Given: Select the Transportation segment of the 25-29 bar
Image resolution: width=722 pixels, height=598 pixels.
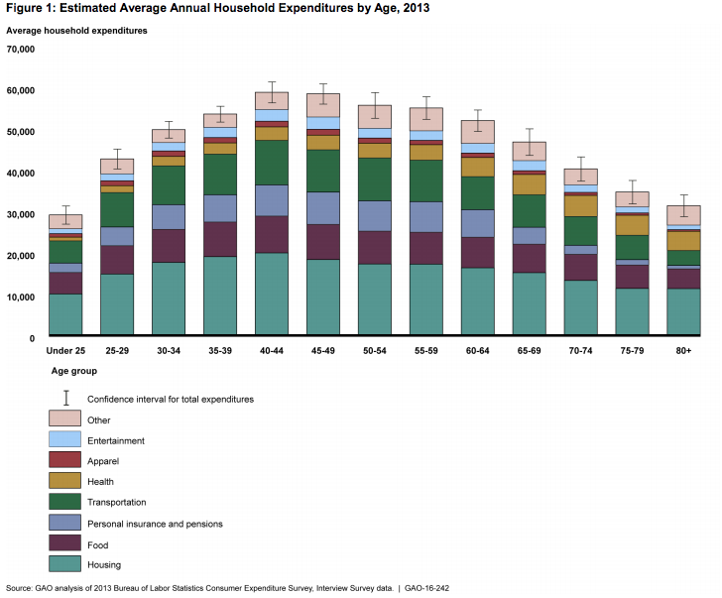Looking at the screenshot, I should tap(117, 209).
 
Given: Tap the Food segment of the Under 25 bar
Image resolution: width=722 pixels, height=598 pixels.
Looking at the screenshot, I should tap(65, 283).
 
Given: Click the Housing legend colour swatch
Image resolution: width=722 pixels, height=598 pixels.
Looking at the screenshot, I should tap(64, 564).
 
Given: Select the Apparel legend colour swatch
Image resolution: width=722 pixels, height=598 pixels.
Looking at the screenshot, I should tap(64, 461).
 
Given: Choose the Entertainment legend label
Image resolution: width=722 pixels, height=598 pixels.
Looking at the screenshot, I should tap(116, 440).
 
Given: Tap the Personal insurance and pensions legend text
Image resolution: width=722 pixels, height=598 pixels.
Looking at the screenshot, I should tap(155, 524).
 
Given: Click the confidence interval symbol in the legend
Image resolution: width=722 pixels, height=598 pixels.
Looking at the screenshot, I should tap(64, 399).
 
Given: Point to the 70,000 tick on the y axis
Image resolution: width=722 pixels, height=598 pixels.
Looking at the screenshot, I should tap(21, 49).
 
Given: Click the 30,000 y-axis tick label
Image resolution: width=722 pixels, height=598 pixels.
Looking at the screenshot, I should tap(21, 215).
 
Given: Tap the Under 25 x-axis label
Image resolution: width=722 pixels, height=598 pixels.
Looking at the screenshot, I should tap(65, 350).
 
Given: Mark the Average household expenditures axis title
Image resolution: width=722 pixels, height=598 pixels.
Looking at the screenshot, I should tap(76, 31).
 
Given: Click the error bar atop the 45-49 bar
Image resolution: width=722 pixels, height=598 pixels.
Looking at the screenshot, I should tap(323, 92).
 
